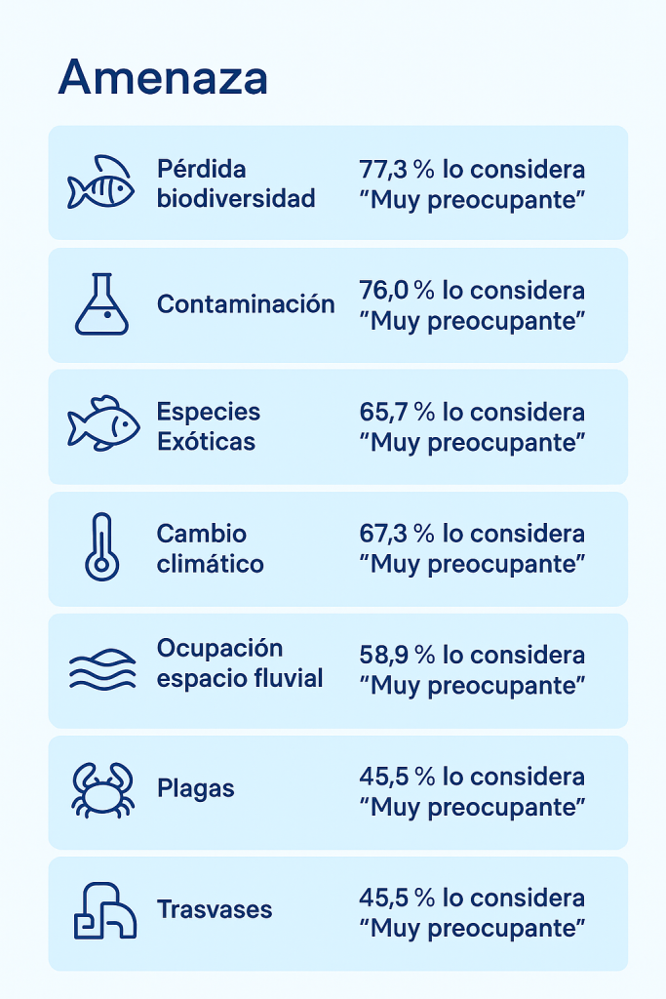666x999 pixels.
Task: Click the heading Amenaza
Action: (x=162, y=78)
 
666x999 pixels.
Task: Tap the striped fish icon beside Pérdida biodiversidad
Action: (x=100, y=182)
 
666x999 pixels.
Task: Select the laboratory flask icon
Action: (x=100, y=304)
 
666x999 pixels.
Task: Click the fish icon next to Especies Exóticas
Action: (x=102, y=424)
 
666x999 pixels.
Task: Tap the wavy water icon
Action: (x=101, y=669)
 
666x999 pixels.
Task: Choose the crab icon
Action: (x=101, y=790)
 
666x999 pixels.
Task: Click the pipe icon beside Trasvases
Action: (x=104, y=911)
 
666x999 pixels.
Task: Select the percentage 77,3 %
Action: (x=397, y=170)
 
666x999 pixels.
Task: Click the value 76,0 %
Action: (x=397, y=291)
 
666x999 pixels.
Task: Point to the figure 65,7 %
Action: (x=397, y=412)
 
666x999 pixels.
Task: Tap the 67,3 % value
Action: (x=397, y=534)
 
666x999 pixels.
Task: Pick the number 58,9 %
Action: (x=397, y=655)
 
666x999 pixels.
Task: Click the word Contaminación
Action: (x=246, y=304)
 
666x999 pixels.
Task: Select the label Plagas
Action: (x=195, y=788)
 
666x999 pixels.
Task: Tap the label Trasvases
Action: (x=215, y=910)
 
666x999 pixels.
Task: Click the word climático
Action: (x=210, y=564)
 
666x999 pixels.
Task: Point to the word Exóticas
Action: (x=206, y=442)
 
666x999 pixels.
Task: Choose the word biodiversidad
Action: (x=236, y=199)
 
